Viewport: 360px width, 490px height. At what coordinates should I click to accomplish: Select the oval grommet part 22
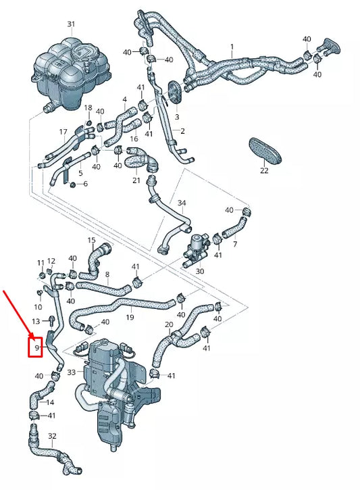pos(264,150)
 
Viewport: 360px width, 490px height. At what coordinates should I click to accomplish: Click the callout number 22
pos(264,171)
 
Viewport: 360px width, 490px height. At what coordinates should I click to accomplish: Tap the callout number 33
pos(71,372)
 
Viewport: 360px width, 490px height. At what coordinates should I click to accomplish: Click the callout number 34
pos(181,203)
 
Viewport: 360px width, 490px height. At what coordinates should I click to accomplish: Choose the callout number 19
pos(130,317)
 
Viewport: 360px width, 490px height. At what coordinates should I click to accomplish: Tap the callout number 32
pos(52,437)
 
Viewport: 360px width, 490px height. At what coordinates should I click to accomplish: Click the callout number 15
pos(91,241)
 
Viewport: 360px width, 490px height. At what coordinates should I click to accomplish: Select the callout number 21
pos(136,180)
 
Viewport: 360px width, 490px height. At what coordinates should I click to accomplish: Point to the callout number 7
pos(234,244)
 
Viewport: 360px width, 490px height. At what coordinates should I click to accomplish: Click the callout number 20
pos(168,324)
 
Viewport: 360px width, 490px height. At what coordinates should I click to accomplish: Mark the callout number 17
pos(63,132)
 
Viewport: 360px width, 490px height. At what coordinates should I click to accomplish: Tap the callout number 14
pos(50,403)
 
